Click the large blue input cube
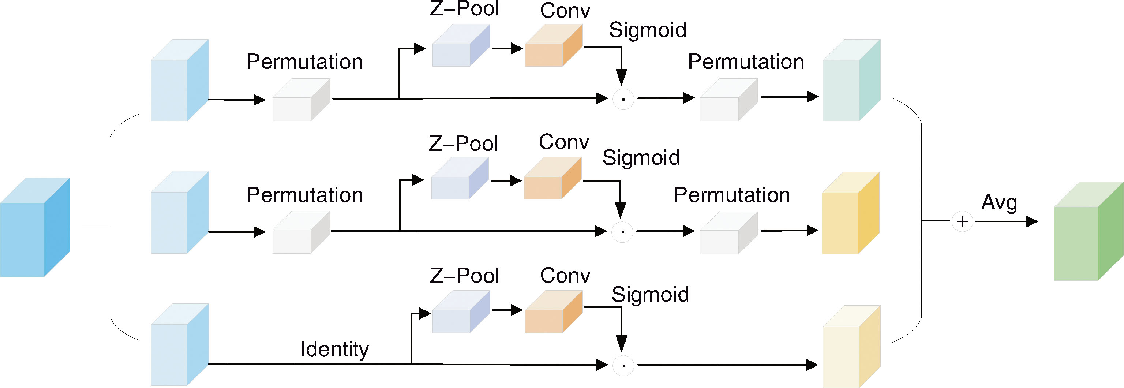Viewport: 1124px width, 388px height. (35, 227)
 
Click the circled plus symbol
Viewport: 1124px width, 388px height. (962, 222)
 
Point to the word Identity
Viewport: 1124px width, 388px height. (335, 349)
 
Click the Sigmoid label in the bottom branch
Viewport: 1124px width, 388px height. (650, 295)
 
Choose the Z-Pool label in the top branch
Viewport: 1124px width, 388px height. (464, 9)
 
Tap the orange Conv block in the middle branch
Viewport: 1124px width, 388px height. (552, 179)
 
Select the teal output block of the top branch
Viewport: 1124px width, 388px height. (851, 81)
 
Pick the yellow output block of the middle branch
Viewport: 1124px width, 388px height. (850, 214)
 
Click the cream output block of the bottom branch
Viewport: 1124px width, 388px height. (851, 347)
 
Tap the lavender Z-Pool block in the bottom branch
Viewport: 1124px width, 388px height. (461, 313)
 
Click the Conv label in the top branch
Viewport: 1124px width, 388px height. (565, 11)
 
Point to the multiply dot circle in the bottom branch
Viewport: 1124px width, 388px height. (623, 365)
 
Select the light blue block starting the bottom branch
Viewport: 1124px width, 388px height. (179, 345)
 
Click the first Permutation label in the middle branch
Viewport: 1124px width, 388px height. (304, 195)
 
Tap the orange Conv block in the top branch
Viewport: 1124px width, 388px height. (553, 45)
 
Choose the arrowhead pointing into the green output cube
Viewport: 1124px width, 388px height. (1031, 222)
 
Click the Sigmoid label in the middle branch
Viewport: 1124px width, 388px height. (641, 157)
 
